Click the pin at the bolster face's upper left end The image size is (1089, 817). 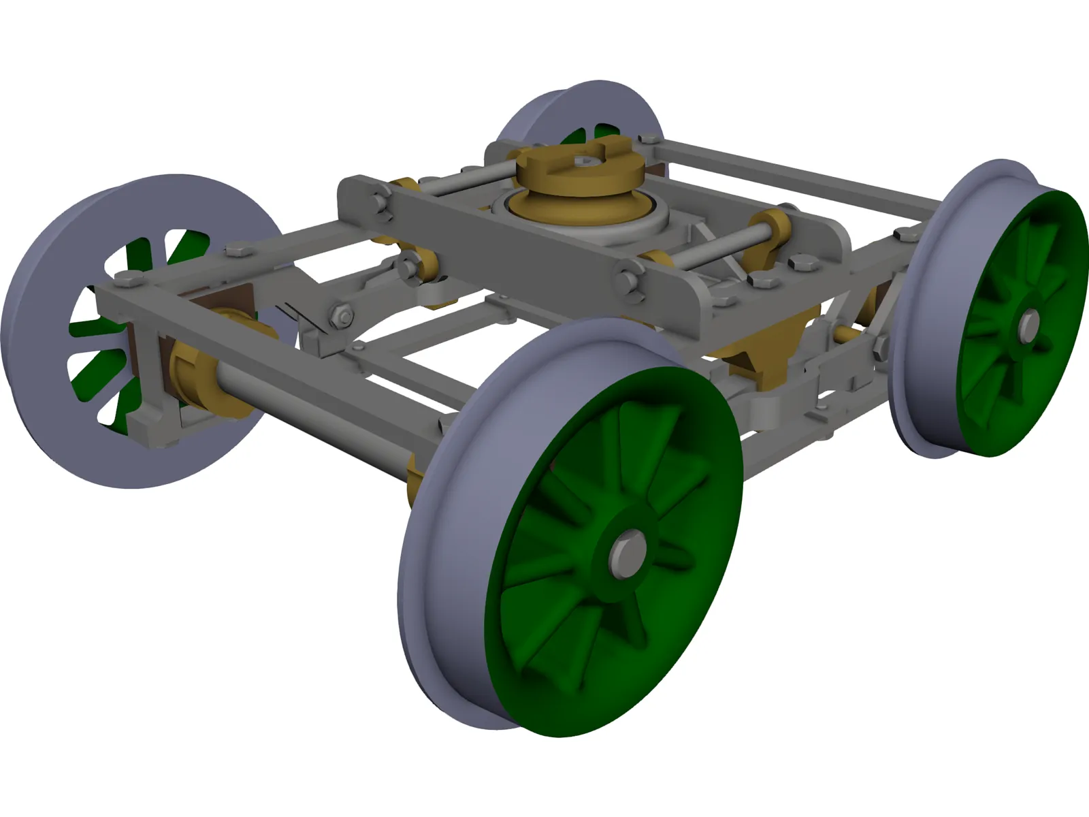tap(379, 202)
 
